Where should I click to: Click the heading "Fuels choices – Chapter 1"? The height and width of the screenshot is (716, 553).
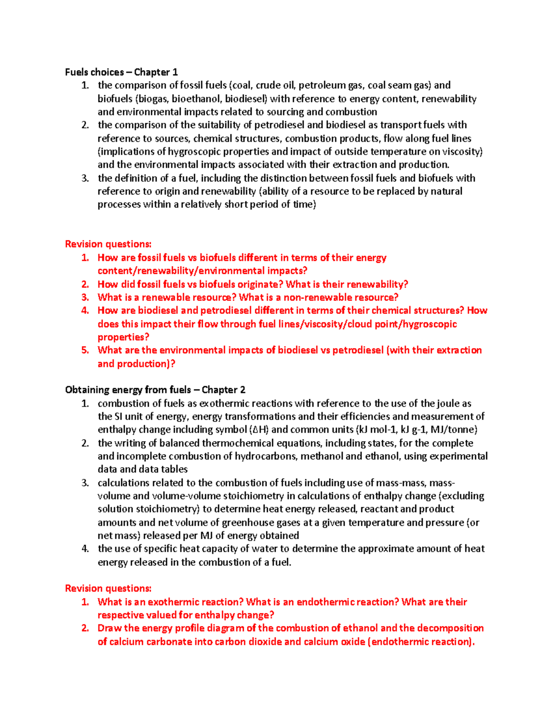pyautogui.click(x=121, y=72)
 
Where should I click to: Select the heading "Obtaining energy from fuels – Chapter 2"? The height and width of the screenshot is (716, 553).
pyautogui.click(x=155, y=390)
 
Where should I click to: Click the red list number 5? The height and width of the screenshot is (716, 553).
pyautogui.click(x=85, y=350)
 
